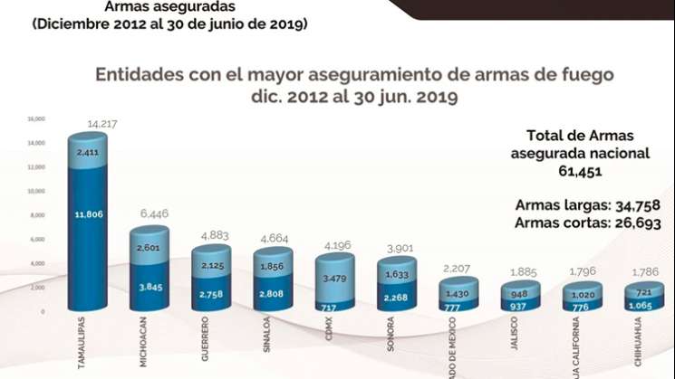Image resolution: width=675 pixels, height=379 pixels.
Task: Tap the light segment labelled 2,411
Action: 87,153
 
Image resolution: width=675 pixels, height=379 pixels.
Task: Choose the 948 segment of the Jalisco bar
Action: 520,293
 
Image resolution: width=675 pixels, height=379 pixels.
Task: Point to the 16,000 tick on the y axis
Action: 35,118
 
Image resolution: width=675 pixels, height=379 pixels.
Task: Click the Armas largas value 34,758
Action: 643,205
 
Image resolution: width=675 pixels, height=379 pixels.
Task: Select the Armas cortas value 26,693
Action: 643,222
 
